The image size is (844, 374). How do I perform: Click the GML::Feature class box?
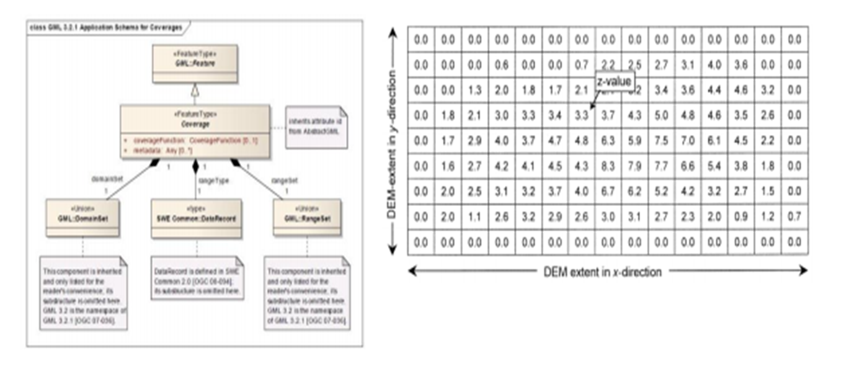[195, 64]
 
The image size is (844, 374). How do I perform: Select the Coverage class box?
[195, 127]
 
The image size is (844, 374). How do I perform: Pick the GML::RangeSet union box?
[306, 218]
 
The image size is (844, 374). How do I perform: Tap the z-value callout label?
[615, 81]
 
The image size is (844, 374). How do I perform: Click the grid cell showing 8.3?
[608, 166]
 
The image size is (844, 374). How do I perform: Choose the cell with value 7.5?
[661, 140]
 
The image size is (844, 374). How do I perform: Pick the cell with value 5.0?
[661, 115]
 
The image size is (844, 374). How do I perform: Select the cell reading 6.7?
[608, 191]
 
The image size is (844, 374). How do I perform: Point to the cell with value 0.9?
[741, 216]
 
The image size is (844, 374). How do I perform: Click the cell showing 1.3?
[474, 91]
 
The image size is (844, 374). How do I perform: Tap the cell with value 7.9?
[634, 166]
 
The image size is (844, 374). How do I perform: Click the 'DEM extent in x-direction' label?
[602, 272]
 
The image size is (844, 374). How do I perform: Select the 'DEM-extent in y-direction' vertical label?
[391, 141]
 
